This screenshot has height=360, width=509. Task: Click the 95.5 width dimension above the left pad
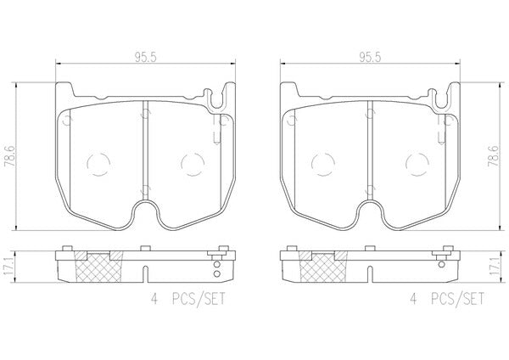coord(146,58)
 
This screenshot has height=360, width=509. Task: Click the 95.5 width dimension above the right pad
coord(370,58)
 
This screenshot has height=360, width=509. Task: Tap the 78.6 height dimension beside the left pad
coord(8,156)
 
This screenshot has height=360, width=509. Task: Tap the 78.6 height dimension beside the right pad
coord(493,156)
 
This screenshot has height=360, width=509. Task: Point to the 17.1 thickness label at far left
coord(8,267)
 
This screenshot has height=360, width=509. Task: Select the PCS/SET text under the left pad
coord(199,299)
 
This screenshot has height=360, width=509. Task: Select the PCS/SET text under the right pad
coord(457,299)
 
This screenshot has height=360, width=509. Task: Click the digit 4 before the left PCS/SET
coord(154,299)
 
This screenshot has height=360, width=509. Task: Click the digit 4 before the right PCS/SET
coord(413,299)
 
